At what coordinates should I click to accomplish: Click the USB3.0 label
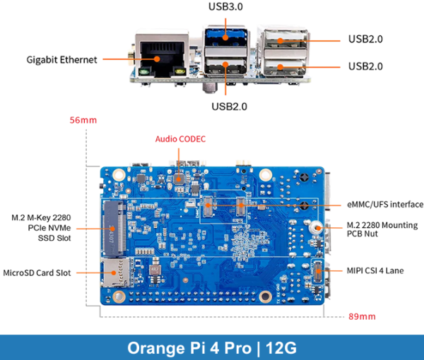click(226, 7)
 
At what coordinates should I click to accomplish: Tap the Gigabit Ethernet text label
click(62, 60)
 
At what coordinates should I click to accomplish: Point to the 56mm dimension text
click(83, 120)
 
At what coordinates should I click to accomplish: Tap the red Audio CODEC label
click(181, 139)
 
